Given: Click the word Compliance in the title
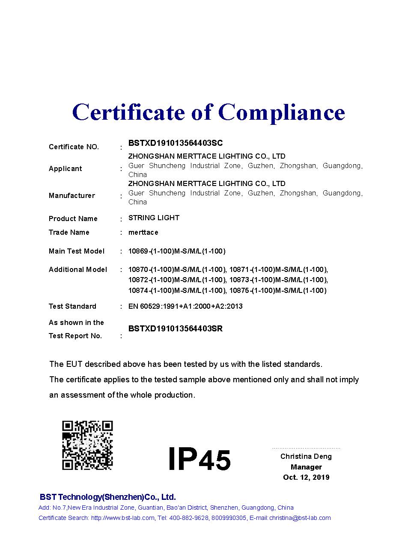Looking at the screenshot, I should pyautogui.click(x=281, y=112).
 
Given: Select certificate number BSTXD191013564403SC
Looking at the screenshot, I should pyautogui.click(x=176, y=143).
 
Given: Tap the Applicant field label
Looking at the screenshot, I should pyautogui.click(x=65, y=168).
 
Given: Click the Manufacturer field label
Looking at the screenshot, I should pyautogui.click(x=71, y=195).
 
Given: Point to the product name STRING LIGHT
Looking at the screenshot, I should pyautogui.click(x=154, y=218).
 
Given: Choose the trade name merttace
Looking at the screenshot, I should pyautogui.click(x=143, y=232).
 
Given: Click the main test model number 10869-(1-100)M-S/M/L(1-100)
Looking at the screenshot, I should pyautogui.click(x=177, y=251).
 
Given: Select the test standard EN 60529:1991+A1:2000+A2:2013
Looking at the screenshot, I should pyautogui.click(x=185, y=306).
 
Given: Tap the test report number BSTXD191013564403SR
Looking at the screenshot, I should pyautogui.click(x=176, y=328).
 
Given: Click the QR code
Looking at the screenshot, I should pyautogui.click(x=87, y=445).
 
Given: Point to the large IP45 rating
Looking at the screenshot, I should pyautogui.click(x=199, y=459).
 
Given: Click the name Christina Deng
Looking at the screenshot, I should pyautogui.click(x=306, y=456).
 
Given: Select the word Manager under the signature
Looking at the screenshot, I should pyautogui.click(x=306, y=467).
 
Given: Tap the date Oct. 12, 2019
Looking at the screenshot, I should pyautogui.click(x=306, y=477).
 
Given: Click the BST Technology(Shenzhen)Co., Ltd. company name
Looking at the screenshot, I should pyautogui.click(x=107, y=497).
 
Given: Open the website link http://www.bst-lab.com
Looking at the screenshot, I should pyautogui.click(x=122, y=518).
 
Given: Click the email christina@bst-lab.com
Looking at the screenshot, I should pyautogui.click(x=300, y=518).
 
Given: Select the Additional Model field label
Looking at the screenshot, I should pyautogui.click(x=78, y=269).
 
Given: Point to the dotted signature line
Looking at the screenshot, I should pyautogui.click(x=306, y=448).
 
